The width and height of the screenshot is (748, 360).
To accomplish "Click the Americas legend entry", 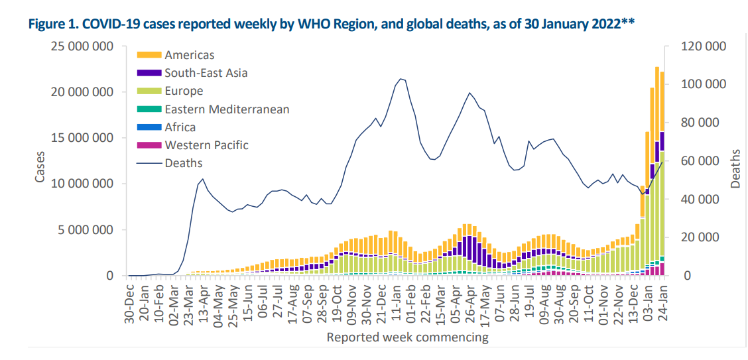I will (x=190, y=55).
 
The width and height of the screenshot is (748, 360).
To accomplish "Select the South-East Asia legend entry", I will (x=206, y=73).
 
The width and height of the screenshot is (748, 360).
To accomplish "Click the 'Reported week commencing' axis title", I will (x=407, y=337).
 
